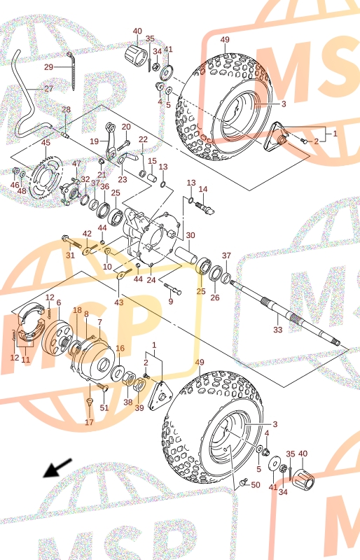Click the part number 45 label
click(x=46, y=143)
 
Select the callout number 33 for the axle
click(x=278, y=330)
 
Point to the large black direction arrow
click(x=57, y=468)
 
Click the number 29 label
click(x=48, y=66)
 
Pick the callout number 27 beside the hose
click(x=48, y=89)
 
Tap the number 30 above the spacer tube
click(x=191, y=235)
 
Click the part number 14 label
click(x=203, y=189)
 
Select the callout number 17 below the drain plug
click(x=89, y=422)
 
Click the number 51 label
click(x=104, y=407)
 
